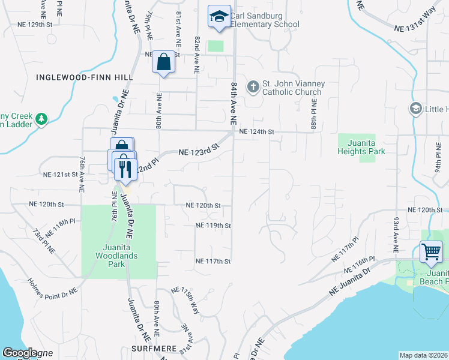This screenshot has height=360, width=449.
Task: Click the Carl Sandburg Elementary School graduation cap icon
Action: [219, 17]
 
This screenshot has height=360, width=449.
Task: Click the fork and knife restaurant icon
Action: [125, 169]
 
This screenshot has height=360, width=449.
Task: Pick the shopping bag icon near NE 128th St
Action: [164, 61]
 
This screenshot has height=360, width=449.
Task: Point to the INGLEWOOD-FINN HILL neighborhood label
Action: [85, 77]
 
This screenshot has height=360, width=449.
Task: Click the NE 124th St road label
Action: [256, 131]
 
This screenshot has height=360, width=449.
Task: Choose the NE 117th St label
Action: [213, 261]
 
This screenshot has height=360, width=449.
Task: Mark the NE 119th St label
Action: [213, 226]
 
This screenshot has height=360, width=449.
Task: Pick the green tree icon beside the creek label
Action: [41, 119]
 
